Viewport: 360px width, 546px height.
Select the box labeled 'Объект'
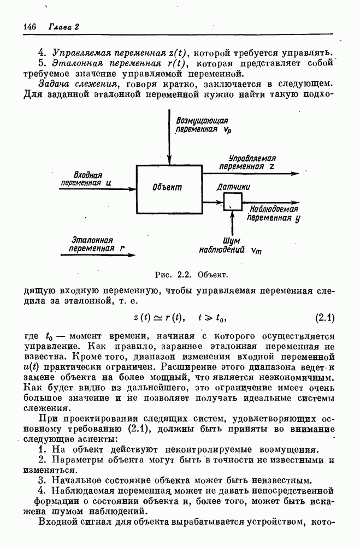click(x=169, y=187)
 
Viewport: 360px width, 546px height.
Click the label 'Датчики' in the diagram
click(x=234, y=187)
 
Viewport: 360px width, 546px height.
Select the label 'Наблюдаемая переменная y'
click(x=273, y=213)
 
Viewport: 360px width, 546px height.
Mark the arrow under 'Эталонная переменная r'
click(x=96, y=254)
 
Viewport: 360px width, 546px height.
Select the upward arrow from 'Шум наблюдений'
click(x=233, y=222)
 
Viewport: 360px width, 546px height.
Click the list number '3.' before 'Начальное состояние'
click(x=42, y=480)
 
